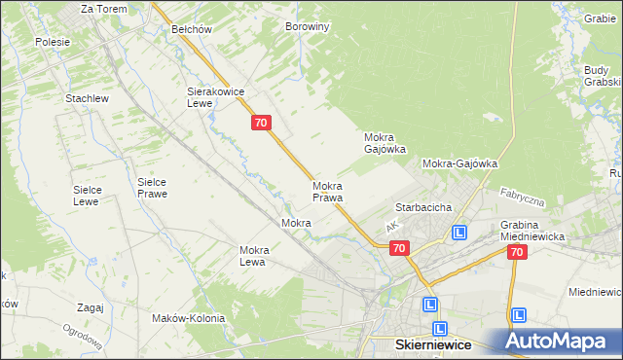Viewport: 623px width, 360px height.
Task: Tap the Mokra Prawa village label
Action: (x=327, y=192)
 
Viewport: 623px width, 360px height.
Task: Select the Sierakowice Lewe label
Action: (x=215, y=96)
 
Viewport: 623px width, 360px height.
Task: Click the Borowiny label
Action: (x=308, y=27)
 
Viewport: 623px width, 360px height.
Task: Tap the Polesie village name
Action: (x=53, y=42)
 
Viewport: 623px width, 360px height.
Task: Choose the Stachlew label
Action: (x=86, y=99)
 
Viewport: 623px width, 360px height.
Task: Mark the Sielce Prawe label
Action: (x=152, y=188)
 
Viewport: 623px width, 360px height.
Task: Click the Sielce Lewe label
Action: (x=87, y=196)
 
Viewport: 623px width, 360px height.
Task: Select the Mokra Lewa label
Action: (x=254, y=256)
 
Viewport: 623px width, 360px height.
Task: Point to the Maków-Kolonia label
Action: (x=189, y=318)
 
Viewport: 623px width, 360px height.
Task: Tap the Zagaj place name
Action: (x=89, y=307)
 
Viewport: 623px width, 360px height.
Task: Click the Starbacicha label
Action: (x=422, y=208)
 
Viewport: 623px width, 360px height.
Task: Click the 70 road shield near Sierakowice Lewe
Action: (x=260, y=123)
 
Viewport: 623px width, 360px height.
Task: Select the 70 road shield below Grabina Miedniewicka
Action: (x=516, y=252)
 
